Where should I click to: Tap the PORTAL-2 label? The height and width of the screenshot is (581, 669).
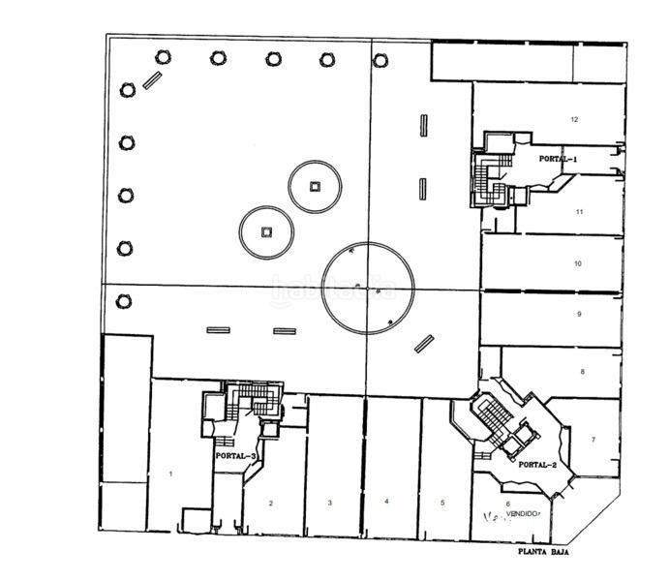[537, 465]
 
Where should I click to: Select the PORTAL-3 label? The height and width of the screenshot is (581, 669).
[236, 455]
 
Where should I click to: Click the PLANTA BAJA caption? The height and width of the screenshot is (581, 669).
[541, 553]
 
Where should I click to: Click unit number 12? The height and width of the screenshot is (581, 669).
[574, 120]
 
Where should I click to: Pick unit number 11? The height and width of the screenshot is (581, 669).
[578, 211]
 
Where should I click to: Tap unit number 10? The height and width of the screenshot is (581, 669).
[577, 263]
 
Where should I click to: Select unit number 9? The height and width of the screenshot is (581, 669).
[578, 315]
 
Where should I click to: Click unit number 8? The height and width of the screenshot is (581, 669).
[582, 372]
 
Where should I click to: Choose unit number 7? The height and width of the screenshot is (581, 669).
[593, 440]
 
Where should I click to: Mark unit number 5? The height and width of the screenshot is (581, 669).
[441, 503]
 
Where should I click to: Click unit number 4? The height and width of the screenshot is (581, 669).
[386, 502]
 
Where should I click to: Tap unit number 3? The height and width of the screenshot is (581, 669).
[330, 503]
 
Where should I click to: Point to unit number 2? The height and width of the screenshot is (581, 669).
[271, 503]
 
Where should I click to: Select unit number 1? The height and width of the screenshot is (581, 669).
[170, 474]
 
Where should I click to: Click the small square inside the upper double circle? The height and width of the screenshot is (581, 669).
[314, 186]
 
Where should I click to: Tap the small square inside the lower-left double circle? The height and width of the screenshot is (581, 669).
[267, 231]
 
